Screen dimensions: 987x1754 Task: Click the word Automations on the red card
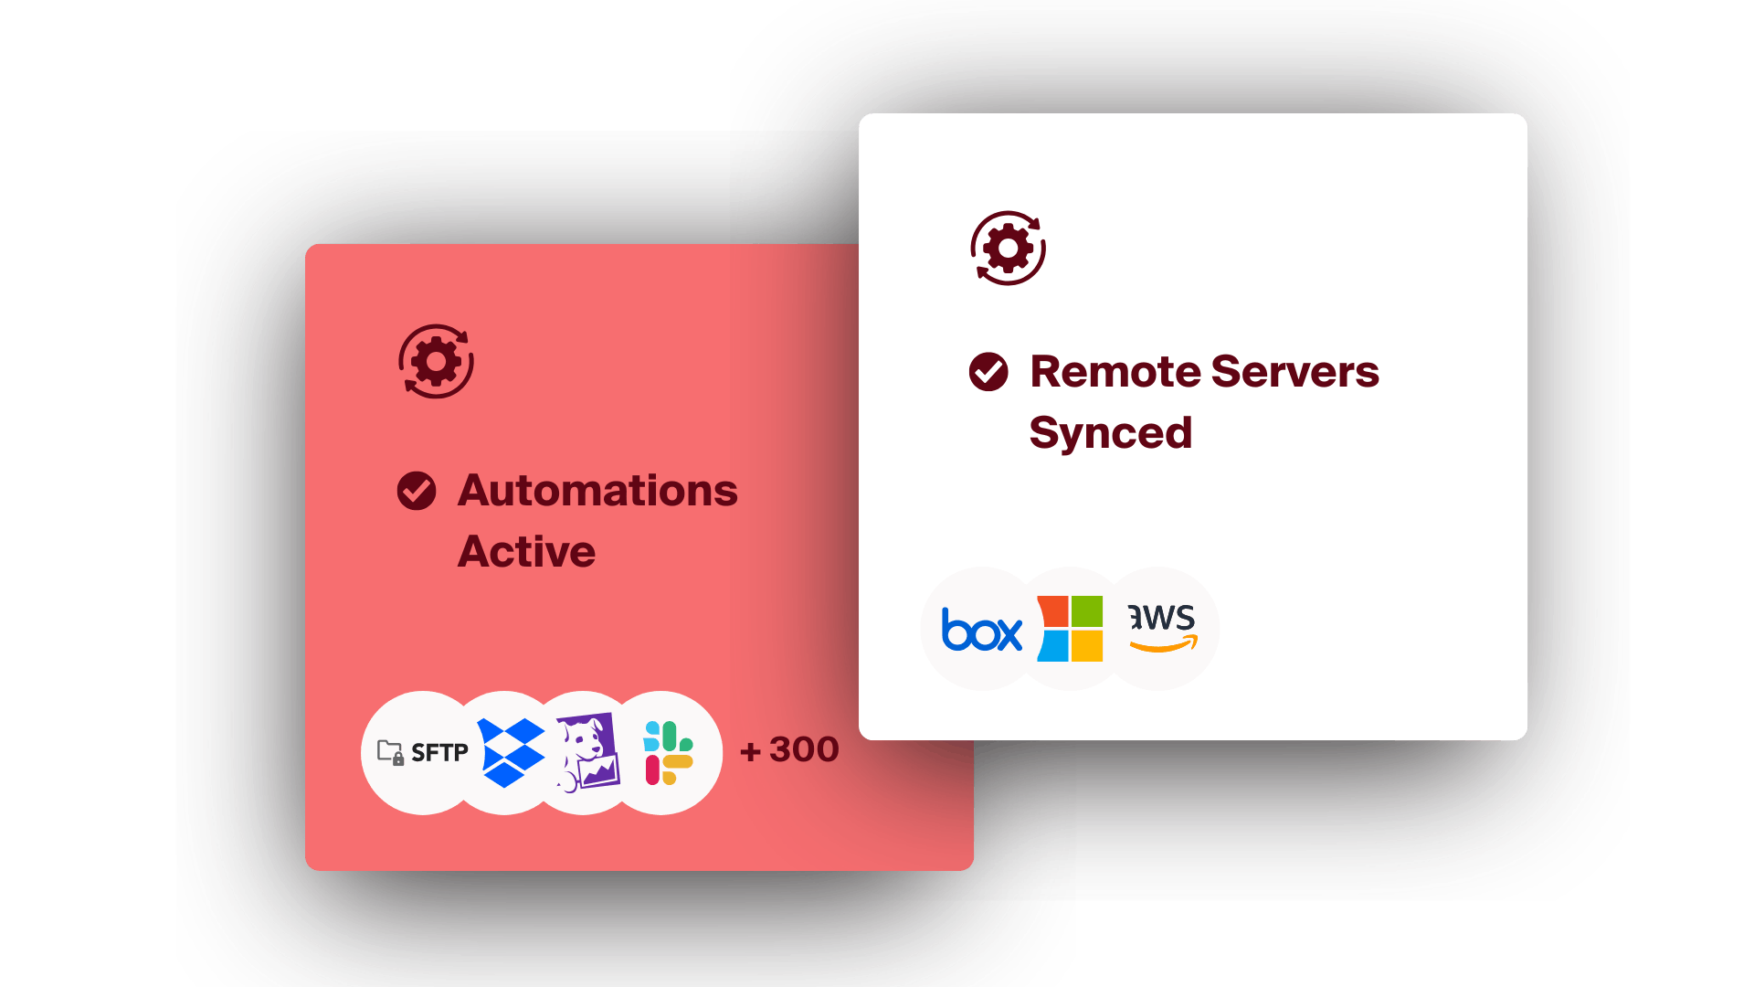(597, 491)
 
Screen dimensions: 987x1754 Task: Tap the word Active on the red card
(526, 552)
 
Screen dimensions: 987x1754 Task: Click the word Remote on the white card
(1114, 372)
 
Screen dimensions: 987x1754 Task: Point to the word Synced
(1110, 433)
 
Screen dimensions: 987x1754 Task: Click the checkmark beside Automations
(417, 491)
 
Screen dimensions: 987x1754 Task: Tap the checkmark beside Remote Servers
(988, 372)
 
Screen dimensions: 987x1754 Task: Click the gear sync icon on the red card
(437, 362)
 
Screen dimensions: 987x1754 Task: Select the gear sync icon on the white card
(1009, 249)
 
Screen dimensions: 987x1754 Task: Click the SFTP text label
(439, 753)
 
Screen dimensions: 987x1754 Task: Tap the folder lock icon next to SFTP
(391, 753)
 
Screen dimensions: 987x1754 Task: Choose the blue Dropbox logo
(511, 753)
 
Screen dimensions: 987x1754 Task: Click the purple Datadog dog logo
(587, 753)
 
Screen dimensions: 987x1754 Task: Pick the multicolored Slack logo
(669, 753)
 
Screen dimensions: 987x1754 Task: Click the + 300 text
(789, 750)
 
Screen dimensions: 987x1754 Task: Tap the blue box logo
(981, 631)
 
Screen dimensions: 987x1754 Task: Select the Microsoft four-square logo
(1071, 629)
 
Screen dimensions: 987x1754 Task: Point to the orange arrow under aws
(1164, 645)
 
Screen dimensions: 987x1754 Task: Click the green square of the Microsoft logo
(1087, 610)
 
